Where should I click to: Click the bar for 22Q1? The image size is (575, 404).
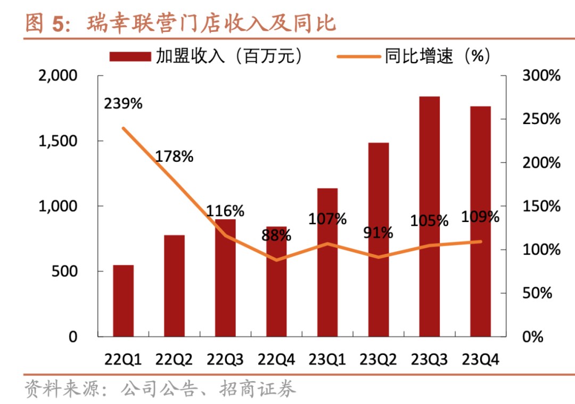tap(123, 301)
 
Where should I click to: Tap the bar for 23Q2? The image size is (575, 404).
tap(378, 240)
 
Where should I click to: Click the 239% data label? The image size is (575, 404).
tap(123, 103)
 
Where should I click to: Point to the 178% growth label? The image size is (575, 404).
tap(174, 156)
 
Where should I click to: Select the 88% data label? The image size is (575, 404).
tap(276, 235)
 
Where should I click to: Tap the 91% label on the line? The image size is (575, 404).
tap(378, 232)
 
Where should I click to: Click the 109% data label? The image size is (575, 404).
tap(481, 217)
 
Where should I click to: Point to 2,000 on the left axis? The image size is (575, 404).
tap(59, 76)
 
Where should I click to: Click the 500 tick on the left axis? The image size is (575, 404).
tap(65, 271)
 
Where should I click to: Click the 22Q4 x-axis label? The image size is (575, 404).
tap(276, 360)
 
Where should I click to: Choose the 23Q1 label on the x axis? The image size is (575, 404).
tap(327, 360)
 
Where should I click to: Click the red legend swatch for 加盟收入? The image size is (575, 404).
tap(130, 56)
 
